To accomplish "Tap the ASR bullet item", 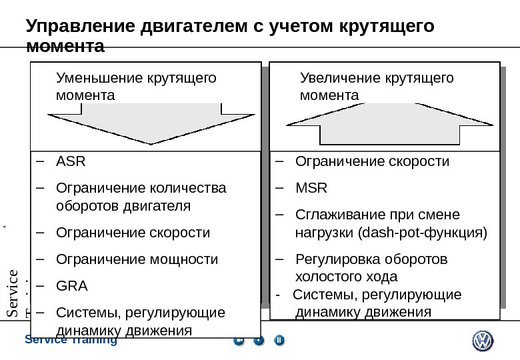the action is [71, 161].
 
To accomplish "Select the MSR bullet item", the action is [311, 188].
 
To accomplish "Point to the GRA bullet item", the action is [72, 286].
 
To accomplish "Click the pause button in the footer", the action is [279, 341].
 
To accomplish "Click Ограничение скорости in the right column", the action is [372, 161].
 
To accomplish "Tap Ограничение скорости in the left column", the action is [133, 233].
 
